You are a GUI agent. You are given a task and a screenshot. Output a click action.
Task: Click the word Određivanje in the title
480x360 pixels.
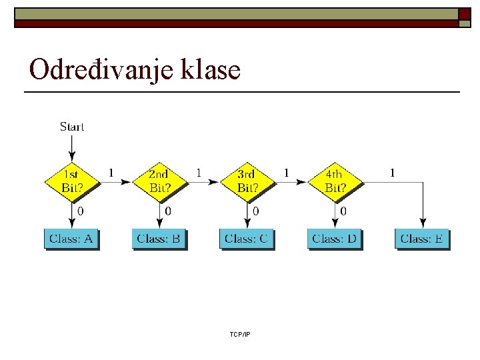point(99,69)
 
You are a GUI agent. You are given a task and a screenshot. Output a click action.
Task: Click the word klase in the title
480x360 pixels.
point(209,69)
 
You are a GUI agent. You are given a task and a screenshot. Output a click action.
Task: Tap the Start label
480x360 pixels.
point(72,127)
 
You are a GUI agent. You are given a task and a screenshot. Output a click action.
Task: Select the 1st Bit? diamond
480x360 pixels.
point(72,181)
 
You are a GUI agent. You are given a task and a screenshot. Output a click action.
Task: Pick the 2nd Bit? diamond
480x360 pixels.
point(159,181)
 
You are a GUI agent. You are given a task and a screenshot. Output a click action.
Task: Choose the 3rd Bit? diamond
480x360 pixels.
point(247,181)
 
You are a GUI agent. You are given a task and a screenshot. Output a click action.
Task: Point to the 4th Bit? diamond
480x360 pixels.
point(335,181)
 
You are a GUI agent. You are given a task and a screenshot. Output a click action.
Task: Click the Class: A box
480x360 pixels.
point(71,239)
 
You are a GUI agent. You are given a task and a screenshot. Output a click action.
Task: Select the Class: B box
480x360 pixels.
point(159,239)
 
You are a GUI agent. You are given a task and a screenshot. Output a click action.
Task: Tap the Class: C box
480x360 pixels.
point(247,239)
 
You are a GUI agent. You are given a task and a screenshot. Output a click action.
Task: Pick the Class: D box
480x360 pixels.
point(334,239)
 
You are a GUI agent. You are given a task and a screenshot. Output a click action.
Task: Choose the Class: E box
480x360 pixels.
point(422,239)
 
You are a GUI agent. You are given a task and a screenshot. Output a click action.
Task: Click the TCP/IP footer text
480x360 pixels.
point(239,334)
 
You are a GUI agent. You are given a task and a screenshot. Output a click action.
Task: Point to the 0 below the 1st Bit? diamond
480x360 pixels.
point(81,211)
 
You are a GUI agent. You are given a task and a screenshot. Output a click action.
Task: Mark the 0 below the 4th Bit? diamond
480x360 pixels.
point(343,211)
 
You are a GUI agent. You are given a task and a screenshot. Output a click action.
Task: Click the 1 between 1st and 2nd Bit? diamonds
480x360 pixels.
point(111,173)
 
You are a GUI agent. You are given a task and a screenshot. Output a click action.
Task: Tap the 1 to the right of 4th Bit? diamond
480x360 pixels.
point(392,173)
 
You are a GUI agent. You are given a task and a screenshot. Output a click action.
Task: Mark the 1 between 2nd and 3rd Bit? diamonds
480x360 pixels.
point(199,173)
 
